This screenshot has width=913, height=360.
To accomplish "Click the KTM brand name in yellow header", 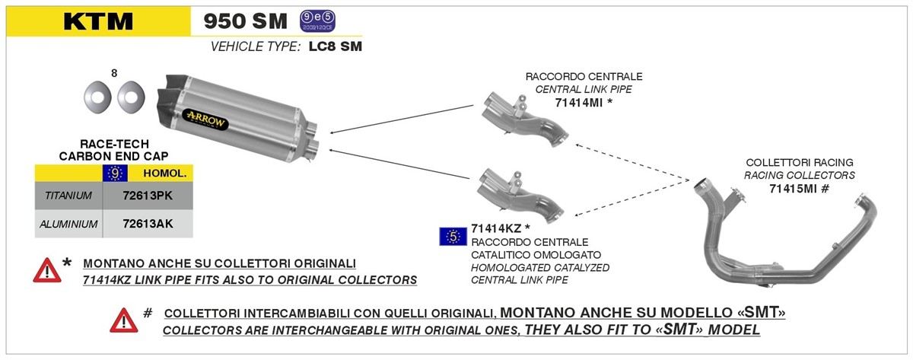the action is pyautogui.click(x=98, y=21).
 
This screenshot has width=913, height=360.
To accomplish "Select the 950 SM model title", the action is pyautogui.click(x=245, y=21).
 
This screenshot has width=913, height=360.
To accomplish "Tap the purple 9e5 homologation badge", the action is pyautogui.click(x=317, y=21).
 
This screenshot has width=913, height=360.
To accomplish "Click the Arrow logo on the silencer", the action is pyautogui.click(x=206, y=119).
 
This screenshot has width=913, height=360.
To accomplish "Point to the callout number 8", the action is pyautogui.click(x=114, y=73).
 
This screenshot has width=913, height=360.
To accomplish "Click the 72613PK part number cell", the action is pyautogui.click(x=148, y=196).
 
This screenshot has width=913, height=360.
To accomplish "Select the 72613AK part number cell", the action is pyautogui.click(x=148, y=224).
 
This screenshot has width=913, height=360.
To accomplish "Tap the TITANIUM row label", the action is pyautogui.click(x=68, y=196).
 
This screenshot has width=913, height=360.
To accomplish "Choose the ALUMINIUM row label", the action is pyautogui.click(x=68, y=224).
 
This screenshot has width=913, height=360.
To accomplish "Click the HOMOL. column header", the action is pyautogui.click(x=164, y=174).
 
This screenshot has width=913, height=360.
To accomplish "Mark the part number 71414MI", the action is pyautogui.click(x=578, y=103).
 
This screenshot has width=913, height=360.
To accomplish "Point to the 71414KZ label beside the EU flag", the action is pyautogui.click(x=496, y=228).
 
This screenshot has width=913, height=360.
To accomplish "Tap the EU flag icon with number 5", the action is pyautogui.click(x=453, y=237).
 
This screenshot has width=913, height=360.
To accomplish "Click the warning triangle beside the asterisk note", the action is pyautogui.click(x=47, y=270).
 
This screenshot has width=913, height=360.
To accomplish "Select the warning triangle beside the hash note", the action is pyautogui.click(x=123, y=320).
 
